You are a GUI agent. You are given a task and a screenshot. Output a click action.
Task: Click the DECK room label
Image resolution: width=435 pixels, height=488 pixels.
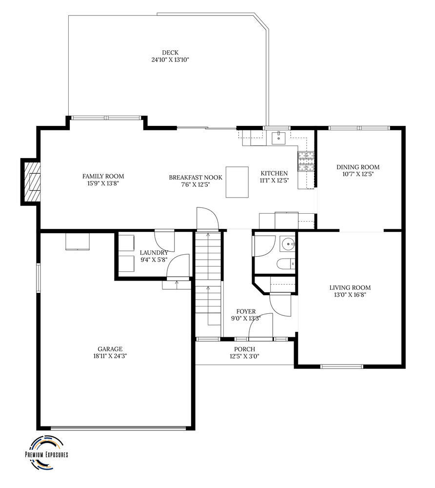pyautogui.click(x=170, y=53)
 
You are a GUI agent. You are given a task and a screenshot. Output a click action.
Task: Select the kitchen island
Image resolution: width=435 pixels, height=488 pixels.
pyautogui.click(x=237, y=182)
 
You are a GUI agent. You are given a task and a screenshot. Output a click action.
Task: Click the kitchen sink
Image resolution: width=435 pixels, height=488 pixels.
pyautogui.click(x=279, y=137)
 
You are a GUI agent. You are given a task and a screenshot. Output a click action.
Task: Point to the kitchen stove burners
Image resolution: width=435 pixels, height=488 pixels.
pyautogui.click(x=307, y=162)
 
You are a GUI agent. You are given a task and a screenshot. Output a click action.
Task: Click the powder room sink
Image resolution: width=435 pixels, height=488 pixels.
pyautogui.click(x=289, y=242)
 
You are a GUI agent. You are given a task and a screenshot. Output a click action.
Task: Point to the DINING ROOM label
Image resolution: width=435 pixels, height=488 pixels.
pyautogui.click(x=357, y=167)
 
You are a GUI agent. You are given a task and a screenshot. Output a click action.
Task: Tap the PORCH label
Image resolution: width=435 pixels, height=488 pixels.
pyautogui.click(x=244, y=349)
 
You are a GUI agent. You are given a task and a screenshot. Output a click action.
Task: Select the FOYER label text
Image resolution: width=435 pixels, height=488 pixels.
pyautogui.click(x=246, y=311)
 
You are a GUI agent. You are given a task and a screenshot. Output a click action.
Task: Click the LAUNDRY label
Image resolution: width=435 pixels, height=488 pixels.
pyautogui.click(x=154, y=252)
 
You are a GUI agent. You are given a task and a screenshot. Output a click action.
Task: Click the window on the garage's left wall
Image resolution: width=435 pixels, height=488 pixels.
pyautogui.click(x=39, y=278)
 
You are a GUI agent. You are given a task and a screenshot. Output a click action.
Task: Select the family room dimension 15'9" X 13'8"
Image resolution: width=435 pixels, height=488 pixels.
pyautogui.click(x=103, y=183)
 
